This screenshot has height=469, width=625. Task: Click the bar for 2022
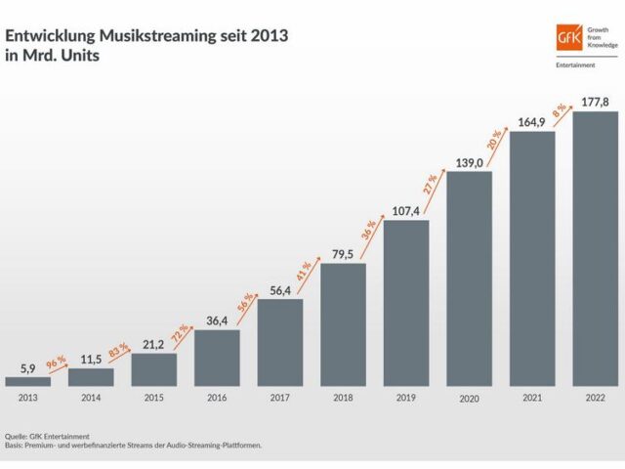tap(596, 248)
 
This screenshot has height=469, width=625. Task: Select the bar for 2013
tap(27, 381)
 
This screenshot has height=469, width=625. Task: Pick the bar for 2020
tap(470, 278)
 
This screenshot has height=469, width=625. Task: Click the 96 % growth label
tap(57, 364)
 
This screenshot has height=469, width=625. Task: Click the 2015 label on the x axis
tap(153, 398)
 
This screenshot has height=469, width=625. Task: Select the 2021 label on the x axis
tap(532, 398)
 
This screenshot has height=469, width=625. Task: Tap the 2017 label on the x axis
tap(279, 398)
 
